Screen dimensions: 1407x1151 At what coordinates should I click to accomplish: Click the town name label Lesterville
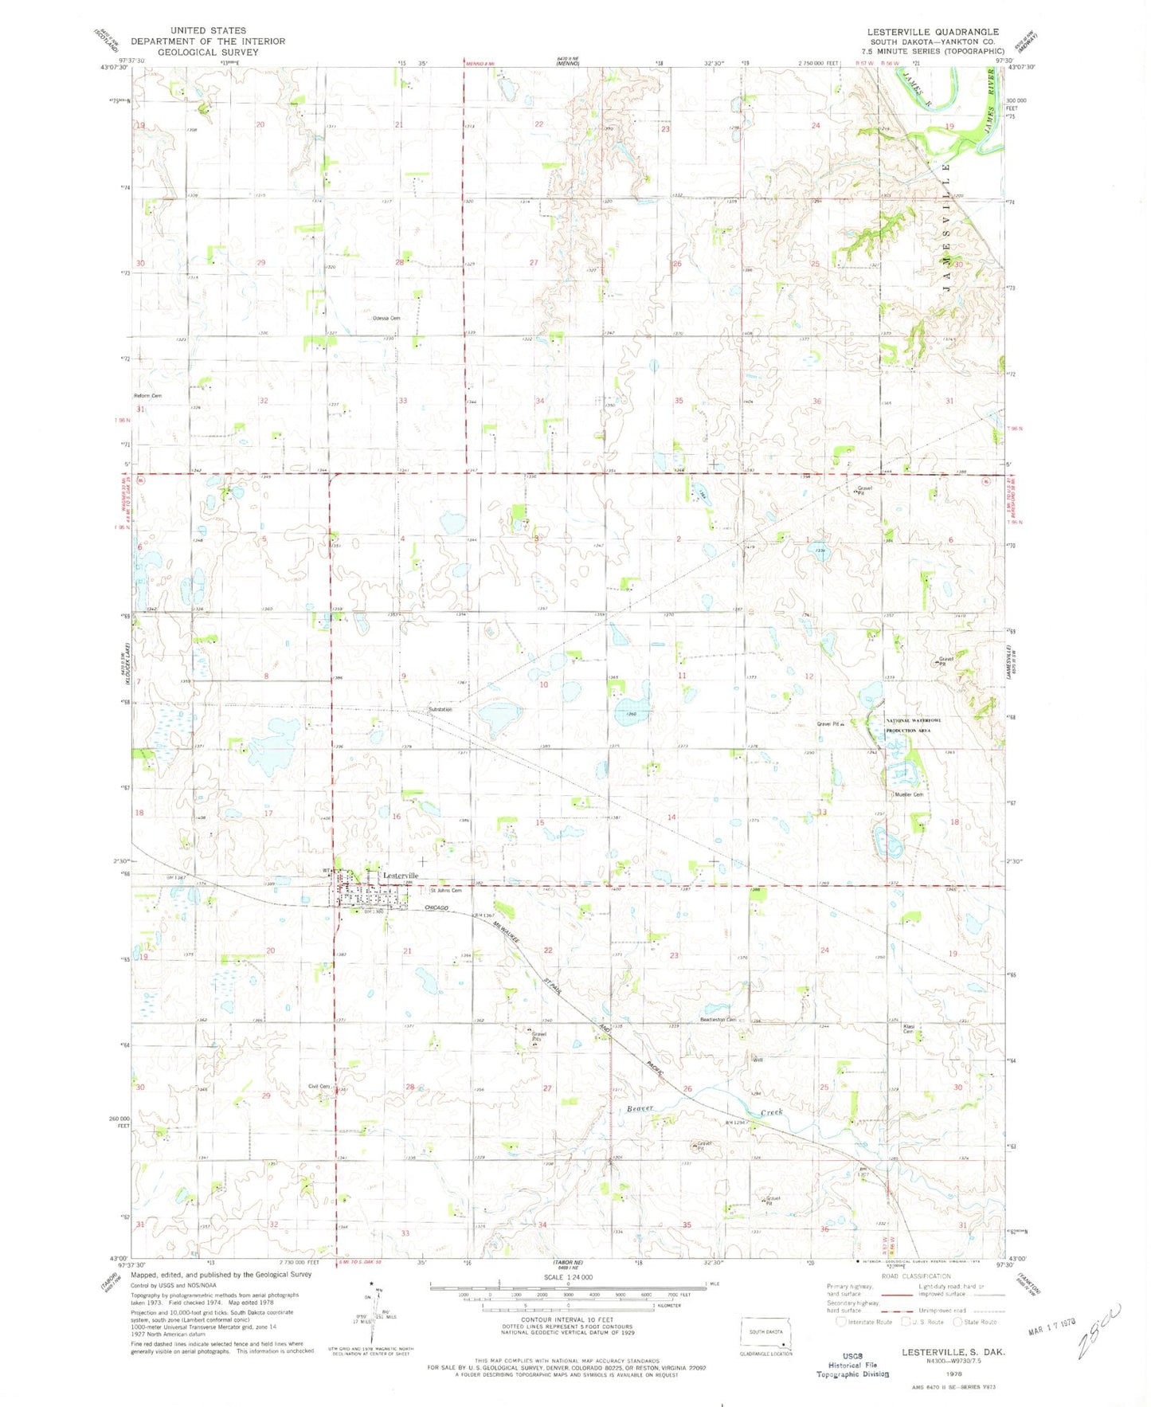coord(401,876)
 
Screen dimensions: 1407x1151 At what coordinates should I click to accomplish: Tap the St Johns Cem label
coord(446,891)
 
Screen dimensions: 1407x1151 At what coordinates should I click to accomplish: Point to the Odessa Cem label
coord(386,318)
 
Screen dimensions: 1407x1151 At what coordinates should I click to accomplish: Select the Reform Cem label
coord(147,396)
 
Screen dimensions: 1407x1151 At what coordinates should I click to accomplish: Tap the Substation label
coord(440,709)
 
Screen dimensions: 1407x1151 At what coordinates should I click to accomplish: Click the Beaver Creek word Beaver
coord(640,1108)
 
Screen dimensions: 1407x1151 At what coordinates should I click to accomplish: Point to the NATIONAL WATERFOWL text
coord(914,720)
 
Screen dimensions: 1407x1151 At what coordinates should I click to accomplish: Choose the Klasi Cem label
coord(908,1029)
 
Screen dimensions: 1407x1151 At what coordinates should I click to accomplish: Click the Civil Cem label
coord(319,1087)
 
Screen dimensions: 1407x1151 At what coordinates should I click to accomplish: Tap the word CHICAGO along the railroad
coord(437,908)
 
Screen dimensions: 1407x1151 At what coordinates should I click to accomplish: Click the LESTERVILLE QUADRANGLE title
coord(933,32)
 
